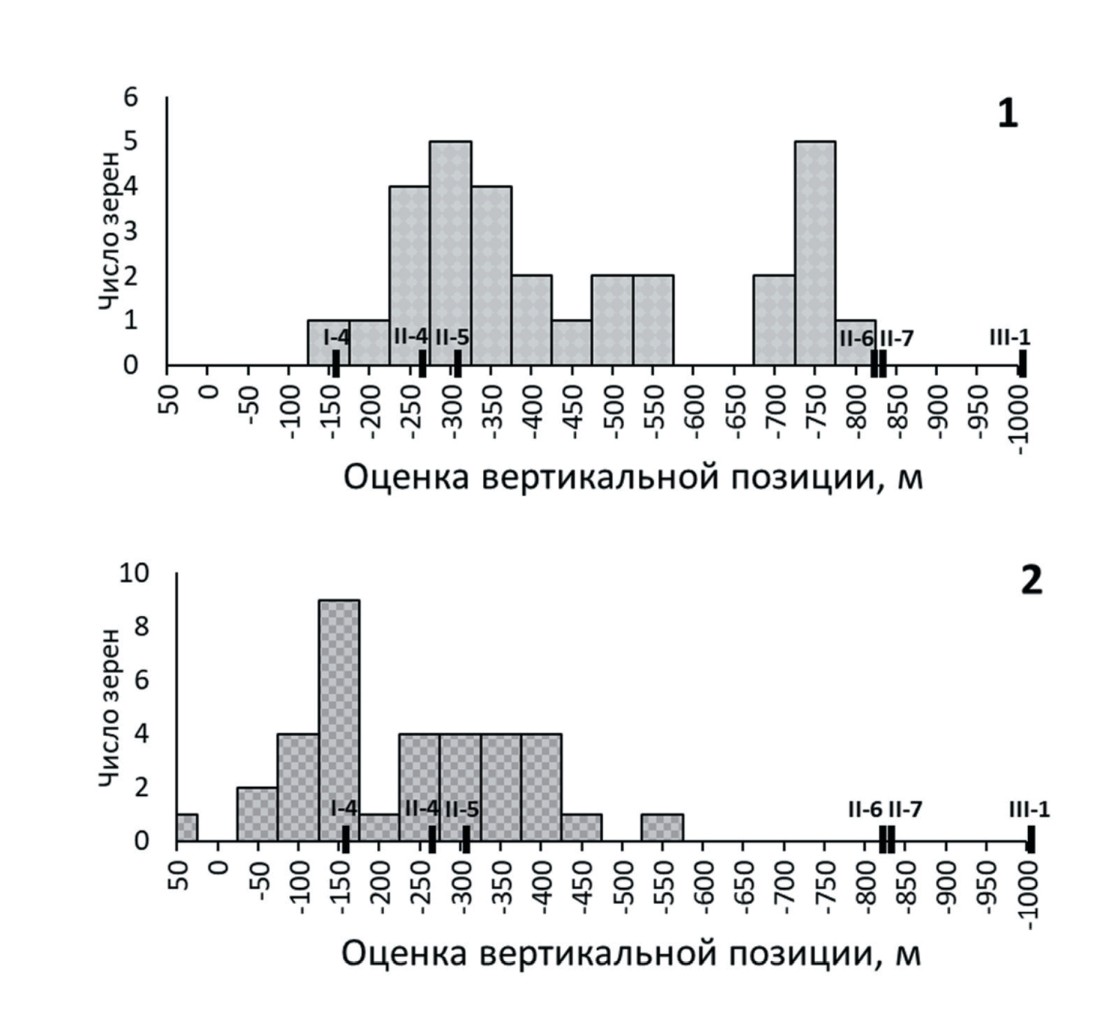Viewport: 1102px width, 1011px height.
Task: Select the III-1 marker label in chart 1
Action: pyautogui.click(x=1009, y=337)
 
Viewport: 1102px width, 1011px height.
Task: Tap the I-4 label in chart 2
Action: pyautogui.click(x=343, y=808)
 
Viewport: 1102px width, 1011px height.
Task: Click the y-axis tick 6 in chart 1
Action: pyautogui.click(x=131, y=97)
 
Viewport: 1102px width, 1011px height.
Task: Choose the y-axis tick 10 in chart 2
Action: pyautogui.click(x=134, y=574)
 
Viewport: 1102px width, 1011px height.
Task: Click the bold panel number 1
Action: pyautogui.click(x=1008, y=115)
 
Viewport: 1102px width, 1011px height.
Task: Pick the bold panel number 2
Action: pyautogui.click(x=1030, y=582)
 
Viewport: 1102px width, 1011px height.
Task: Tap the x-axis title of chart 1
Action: pyautogui.click(x=633, y=478)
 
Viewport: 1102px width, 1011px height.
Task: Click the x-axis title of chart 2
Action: pyautogui.click(x=631, y=954)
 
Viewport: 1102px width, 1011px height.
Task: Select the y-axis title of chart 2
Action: pyautogui.click(x=110, y=707)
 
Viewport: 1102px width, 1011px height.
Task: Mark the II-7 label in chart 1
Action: pyautogui.click(x=897, y=339)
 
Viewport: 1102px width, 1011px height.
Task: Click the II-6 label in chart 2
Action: pyautogui.click(x=865, y=810)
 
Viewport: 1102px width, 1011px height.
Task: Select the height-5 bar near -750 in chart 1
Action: pyautogui.click(x=814, y=253)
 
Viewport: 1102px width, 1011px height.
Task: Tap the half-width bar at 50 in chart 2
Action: pyautogui.click(x=187, y=827)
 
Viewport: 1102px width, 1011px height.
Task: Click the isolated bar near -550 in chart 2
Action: pyautogui.click(x=662, y=827)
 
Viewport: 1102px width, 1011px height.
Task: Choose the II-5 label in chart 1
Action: pyautogui.click(x=451, y=338)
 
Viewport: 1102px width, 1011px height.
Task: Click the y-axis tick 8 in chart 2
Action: pyautogui.click(x=140, y=627)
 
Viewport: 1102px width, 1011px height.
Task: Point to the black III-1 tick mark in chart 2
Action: pyautogui.click(x=1030, y=839)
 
